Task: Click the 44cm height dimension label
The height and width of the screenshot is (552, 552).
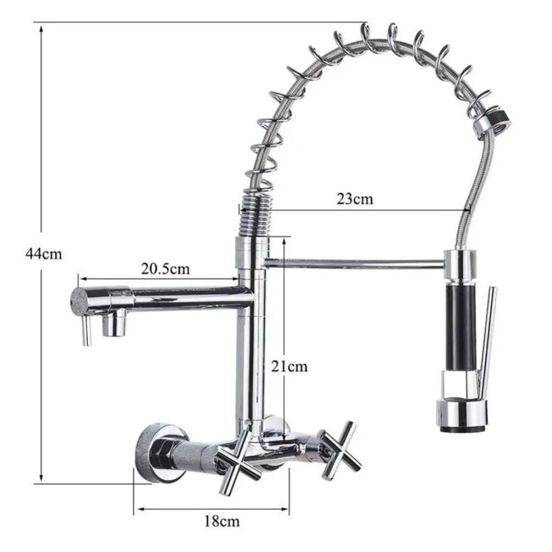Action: pyautogui.click(x=44, y=253)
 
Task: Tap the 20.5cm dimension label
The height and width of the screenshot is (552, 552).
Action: pyautogui.click(x=166, y=269)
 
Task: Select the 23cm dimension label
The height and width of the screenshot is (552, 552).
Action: pyautogui.click(x=354, y=199)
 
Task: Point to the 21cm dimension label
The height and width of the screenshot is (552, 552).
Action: pyautogui.click(x=289, y=367)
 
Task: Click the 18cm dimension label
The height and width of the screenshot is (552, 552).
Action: pyautogui.click(x=222, y=521)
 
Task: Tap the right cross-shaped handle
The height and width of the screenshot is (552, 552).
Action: pyautogui.click(x=340, y=450)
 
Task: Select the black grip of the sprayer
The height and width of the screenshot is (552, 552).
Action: pyautogui.click(x=460, y=327)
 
